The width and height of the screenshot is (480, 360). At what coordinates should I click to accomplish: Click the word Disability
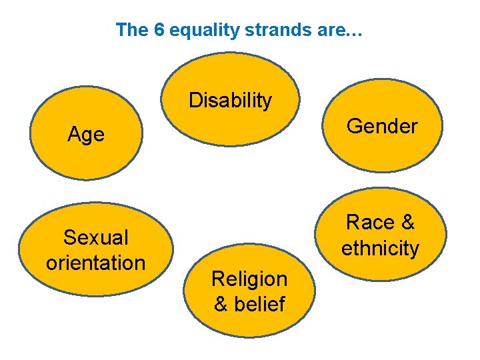(x=230, y=101)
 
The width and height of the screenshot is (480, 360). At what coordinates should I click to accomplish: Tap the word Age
(x=86, y=135)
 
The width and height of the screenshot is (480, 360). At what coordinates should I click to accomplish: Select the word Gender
(x=383, y=125)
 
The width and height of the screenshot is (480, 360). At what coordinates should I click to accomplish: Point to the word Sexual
(x=95, y=237)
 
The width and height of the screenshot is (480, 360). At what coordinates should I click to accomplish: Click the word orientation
(x=95, y=263)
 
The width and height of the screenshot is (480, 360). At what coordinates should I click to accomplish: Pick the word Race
(x=371, y=222)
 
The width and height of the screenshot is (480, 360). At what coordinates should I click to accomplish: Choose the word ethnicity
(x=381, y=248)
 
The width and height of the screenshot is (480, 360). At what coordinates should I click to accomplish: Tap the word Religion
(x=249, y=279)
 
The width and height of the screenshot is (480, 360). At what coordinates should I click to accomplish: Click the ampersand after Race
(x=408, y=222)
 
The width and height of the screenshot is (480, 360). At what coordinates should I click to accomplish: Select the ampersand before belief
(x=221, y=304)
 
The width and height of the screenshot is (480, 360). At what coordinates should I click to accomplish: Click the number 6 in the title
(x=159, y=30)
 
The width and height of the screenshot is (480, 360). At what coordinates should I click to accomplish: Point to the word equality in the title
(x=197, y=30)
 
